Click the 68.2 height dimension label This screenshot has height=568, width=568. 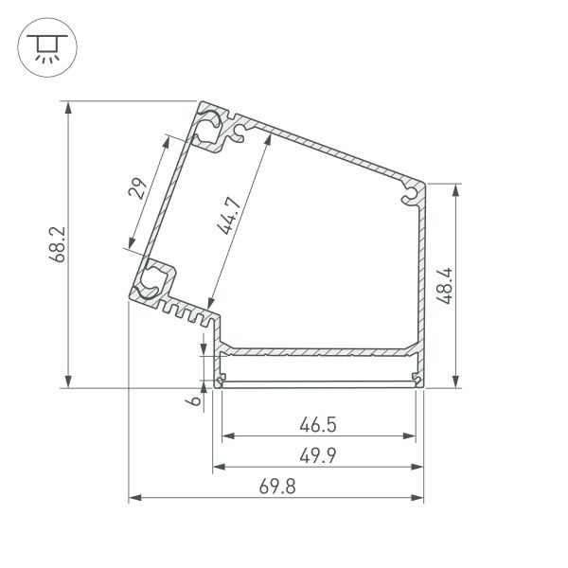pos(56,243)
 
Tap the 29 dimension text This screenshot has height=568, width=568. pos(138,189)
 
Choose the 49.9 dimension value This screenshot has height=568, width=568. pos(319,454)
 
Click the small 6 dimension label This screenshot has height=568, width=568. pos(192,401)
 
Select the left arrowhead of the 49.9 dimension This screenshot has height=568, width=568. pos(217,467)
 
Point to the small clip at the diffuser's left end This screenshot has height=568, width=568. pos(222,381)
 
